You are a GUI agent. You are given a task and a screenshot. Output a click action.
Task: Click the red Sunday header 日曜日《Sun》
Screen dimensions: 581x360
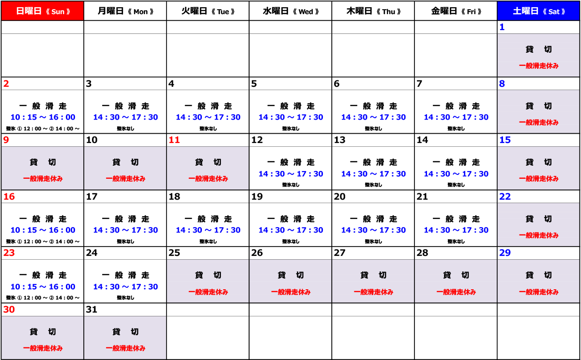43,11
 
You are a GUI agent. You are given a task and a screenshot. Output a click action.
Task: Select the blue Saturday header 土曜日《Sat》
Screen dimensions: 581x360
539,11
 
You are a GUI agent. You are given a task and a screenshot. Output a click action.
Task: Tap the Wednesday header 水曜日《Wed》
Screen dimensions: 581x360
291,11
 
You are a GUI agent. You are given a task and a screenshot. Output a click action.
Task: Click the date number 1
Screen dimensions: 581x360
502,27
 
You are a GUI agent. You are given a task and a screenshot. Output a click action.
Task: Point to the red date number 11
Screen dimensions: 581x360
174,140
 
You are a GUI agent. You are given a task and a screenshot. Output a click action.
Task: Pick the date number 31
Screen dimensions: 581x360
92,310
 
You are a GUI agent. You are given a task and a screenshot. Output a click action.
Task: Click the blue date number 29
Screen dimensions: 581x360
505,252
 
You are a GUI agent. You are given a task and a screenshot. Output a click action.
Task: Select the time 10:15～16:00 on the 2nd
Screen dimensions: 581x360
43,117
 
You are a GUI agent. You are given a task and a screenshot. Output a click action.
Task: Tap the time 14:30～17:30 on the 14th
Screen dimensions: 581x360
456,173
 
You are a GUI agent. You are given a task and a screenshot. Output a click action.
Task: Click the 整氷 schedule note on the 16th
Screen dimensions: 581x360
43,241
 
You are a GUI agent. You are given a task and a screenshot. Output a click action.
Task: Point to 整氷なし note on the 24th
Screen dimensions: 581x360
125,297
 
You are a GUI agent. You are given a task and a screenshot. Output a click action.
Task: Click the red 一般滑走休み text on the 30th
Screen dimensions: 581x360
43,348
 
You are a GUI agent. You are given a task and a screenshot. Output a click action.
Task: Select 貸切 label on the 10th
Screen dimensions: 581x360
125,162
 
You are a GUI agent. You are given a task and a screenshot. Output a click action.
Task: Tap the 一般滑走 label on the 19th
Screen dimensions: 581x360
291,219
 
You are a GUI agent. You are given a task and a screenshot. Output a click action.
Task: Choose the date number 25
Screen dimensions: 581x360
174,252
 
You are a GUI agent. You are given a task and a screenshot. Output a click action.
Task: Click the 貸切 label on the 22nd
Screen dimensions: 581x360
538,219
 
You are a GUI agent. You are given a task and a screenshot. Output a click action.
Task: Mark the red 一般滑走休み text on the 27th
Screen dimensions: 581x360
373,292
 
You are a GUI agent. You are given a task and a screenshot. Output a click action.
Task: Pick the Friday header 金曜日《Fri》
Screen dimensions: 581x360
456,11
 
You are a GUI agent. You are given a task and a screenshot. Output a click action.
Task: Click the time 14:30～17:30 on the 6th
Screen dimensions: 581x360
373,117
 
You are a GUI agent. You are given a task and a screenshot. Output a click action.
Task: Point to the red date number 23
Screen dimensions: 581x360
9,252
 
